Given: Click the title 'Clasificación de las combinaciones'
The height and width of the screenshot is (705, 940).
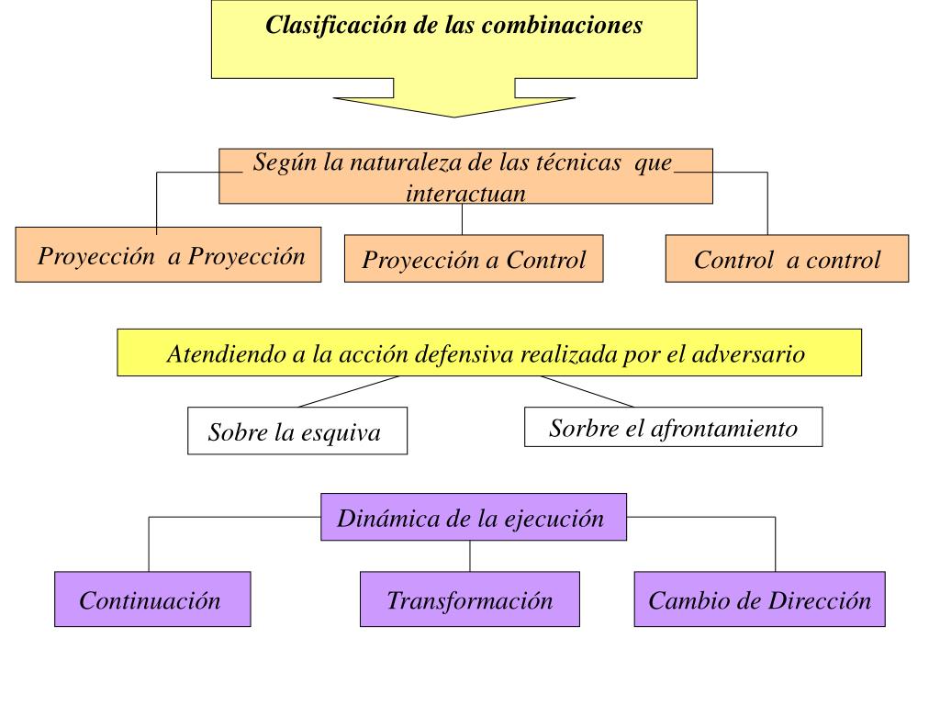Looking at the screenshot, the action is (453, 26).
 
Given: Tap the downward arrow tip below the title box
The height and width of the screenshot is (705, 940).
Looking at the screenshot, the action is (453, 112).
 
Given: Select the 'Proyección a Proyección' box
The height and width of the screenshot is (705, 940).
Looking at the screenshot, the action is (169, 255).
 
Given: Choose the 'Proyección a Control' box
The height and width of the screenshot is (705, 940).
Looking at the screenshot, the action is (474, 260).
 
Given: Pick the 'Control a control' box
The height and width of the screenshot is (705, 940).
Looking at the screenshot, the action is (787, 260).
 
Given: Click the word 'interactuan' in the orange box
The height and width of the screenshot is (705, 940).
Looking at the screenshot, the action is (465, 194).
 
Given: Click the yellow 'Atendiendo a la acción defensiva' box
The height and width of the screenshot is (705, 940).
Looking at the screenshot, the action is (488, 353).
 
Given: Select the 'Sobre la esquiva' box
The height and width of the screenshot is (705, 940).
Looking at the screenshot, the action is (297, 431).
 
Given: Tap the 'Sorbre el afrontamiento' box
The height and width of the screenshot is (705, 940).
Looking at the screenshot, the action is (673, 428).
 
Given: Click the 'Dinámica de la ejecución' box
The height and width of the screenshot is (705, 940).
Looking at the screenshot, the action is (473, 518).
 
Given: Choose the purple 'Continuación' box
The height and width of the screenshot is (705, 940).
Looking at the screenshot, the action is (151, 600).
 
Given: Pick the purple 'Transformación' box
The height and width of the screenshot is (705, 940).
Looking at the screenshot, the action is (469, 600).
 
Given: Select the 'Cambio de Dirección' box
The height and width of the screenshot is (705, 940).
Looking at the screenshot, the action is (759, 600).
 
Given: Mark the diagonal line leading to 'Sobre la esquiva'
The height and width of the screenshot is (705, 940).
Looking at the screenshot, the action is (349, 391).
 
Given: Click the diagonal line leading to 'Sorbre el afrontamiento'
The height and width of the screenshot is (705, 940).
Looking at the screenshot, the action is (587, 391).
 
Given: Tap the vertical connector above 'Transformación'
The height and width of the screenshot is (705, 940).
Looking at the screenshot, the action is (470, 556).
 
